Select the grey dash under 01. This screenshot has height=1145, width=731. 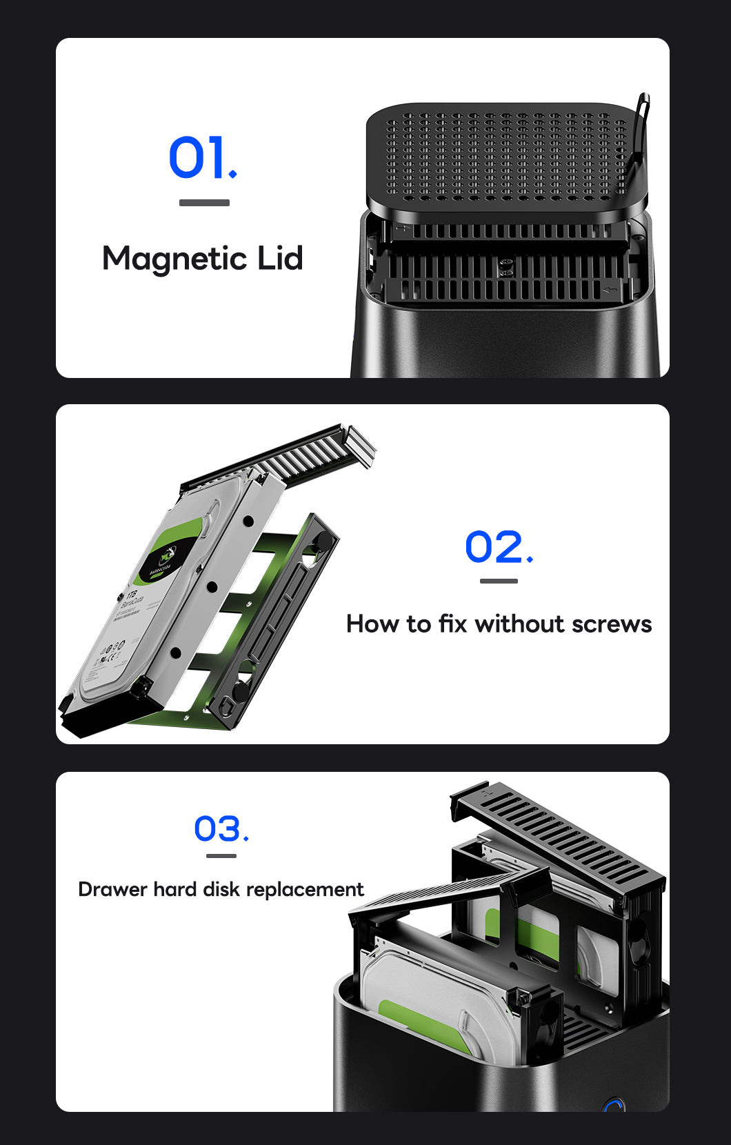(204, 203)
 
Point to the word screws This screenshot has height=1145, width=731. (611, 624)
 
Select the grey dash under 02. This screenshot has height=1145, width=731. (499, 581)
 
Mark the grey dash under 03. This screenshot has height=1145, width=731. (221, 856)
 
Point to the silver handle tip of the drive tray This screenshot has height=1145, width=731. (360, 441)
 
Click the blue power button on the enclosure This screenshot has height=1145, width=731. (613, 1106)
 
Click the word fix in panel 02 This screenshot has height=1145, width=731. (452, 624)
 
